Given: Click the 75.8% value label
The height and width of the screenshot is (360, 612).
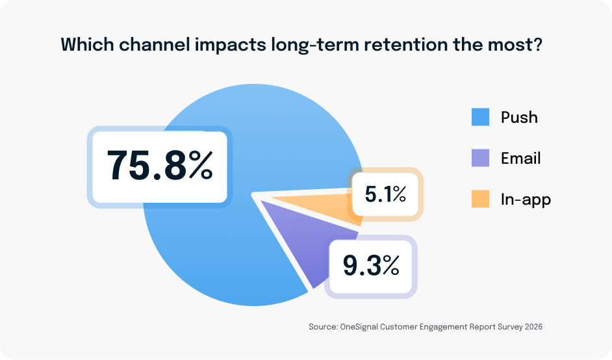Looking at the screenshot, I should pos(160,166).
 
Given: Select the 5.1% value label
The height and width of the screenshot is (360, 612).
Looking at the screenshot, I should pos(385,194).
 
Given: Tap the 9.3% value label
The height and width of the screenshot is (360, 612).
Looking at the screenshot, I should pos(371,266).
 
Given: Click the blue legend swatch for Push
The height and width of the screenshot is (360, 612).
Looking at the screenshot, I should pos(480,118).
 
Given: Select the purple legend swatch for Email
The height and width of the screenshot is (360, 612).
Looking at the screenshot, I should pos(480,158).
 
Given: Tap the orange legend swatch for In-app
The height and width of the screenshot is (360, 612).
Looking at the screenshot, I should pos(480,199).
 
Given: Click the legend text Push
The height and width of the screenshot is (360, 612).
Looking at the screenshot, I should pos(519,118).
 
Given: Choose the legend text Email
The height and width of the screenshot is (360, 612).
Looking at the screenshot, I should pos(520,158).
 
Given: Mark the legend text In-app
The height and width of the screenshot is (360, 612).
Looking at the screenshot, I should pos(526,199).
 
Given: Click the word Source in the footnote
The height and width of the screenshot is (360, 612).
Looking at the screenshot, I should pos(322,328).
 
